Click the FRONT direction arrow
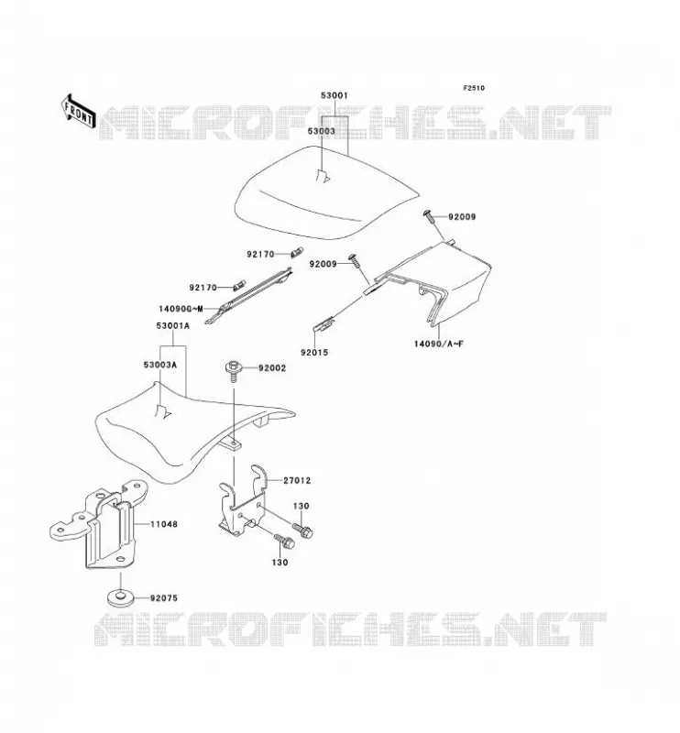78,113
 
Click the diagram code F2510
474,88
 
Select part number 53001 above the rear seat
334,95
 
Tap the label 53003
321,131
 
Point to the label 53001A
173,326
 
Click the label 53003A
160,365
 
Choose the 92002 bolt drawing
233,371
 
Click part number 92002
272,368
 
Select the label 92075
164,598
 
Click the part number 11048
164,524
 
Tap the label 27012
297,480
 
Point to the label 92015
314,353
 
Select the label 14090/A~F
439,344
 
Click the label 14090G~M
181,309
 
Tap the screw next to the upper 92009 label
428,216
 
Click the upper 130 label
302,506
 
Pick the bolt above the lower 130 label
285,542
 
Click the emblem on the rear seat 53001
323,176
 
